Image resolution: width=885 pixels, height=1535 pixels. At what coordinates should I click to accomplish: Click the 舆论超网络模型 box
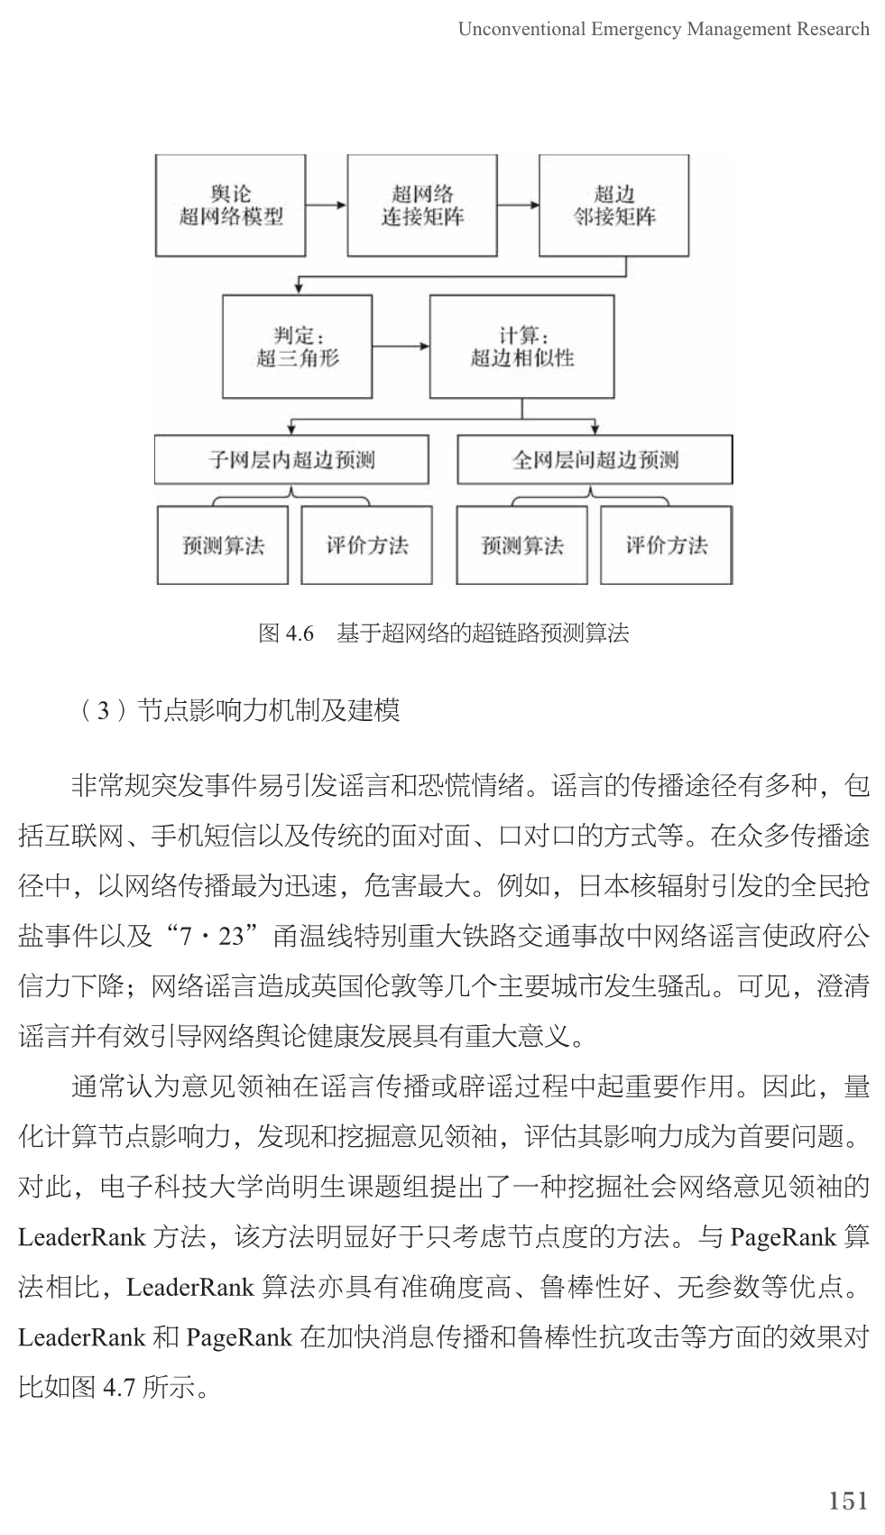(230, 206)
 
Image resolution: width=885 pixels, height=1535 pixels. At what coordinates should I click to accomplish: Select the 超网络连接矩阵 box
(421, 206)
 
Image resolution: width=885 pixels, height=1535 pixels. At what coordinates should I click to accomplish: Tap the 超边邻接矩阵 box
(613, 206)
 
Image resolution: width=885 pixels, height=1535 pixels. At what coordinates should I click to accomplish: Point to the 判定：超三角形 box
(297, 347)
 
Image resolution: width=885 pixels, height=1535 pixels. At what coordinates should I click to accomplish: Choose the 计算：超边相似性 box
(521, 347)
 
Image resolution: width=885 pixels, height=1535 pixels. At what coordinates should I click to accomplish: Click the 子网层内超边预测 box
(291, 460)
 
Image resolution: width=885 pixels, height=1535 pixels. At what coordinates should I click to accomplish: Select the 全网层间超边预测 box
(595, 460)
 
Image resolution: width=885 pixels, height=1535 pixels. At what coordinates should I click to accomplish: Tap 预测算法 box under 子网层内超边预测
(223, 545)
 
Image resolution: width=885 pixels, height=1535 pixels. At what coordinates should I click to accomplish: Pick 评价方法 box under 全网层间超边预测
(666, 545)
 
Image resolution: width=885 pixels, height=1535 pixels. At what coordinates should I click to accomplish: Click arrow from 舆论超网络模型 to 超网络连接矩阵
(327, 206)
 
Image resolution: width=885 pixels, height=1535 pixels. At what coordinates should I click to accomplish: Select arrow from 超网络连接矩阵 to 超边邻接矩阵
(518, 206)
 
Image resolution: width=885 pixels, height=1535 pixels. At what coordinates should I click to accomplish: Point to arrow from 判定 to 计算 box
(401, 347)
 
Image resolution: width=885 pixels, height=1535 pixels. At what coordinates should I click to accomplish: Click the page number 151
(847, 1501)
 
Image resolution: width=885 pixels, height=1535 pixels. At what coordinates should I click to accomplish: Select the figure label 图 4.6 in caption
(286, 633)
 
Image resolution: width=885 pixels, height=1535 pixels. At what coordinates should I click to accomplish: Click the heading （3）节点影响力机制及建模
(239, 711)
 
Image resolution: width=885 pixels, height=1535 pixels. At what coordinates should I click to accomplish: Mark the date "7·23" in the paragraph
(213, 936)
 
